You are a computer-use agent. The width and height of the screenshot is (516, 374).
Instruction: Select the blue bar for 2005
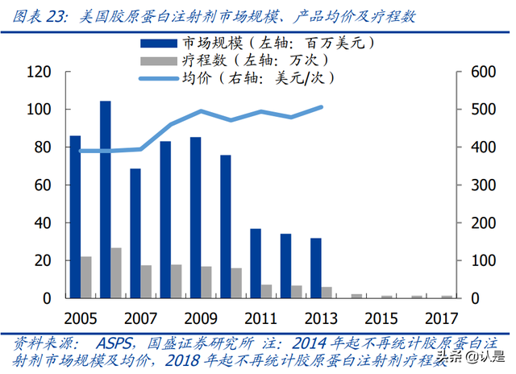tap(75, 217)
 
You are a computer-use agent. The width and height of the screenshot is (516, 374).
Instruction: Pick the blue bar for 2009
tap(195, 217)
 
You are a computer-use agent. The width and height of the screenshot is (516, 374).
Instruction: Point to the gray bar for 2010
tap(236, 283)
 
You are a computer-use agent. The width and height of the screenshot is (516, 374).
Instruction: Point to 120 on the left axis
tap(39, 72)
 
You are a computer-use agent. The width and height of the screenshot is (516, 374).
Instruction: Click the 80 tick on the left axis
tap(43, 148)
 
